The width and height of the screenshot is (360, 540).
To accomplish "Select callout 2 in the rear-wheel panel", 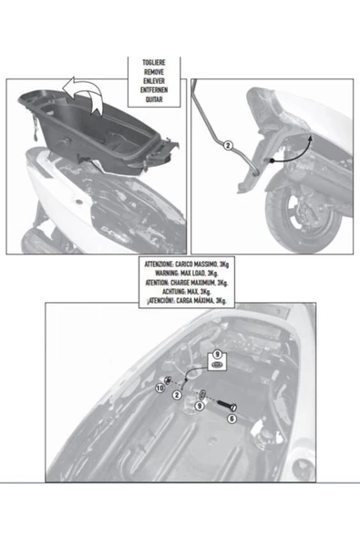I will (229, 145).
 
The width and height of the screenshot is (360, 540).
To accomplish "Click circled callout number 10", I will (160, 387).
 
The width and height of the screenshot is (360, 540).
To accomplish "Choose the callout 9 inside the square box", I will (217, 352).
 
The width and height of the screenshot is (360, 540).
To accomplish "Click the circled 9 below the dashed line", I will (200, 407).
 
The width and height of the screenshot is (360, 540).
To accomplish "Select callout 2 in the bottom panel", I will (177, 394).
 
